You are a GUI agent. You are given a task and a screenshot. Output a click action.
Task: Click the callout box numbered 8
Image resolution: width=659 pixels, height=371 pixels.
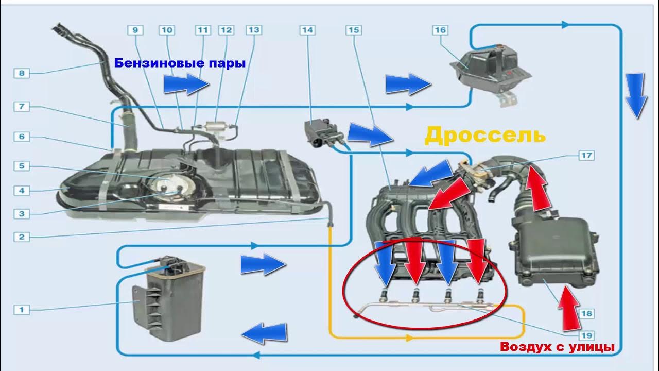point(22,73)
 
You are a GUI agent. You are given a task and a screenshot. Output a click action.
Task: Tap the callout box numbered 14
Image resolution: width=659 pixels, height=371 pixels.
point(307,30)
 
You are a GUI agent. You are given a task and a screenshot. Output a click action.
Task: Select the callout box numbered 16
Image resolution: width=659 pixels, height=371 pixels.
point(440,30)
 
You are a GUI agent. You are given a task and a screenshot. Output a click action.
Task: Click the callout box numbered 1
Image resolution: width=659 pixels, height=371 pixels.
point(22,310)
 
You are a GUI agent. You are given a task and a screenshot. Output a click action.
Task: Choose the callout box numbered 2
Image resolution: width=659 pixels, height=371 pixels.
point(22,237)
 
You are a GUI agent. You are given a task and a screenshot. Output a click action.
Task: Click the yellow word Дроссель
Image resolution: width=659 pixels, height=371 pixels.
point(484,136)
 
